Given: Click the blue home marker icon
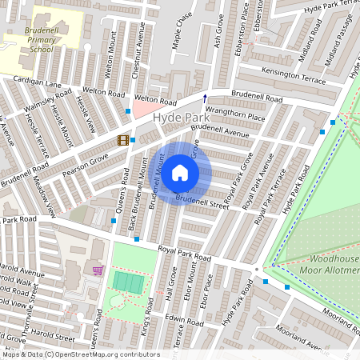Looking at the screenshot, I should point(180,173).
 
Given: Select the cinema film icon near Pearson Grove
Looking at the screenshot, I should point(122,140).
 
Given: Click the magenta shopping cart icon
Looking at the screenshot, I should point(98,270).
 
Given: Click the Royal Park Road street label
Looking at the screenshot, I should point(184,254).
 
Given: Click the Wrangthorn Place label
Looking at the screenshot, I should point(235,116).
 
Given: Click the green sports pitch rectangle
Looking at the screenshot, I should point(126,282).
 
